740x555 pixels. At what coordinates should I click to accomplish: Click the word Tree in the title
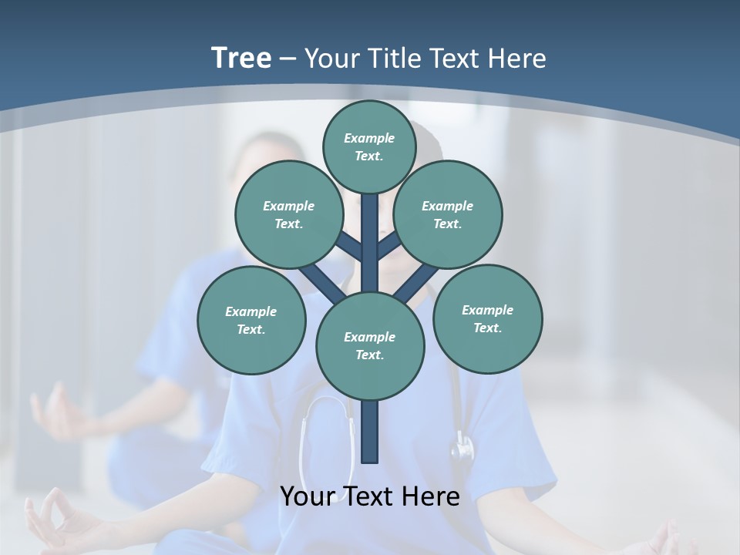241,58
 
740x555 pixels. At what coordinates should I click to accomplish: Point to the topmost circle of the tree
369,146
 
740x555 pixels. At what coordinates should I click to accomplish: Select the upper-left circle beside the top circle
289,214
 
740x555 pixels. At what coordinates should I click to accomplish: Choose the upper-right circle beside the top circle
448,214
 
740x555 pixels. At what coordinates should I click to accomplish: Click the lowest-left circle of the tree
251,320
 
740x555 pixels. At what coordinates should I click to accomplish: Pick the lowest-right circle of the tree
487,318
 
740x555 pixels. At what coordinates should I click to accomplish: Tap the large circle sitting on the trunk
370,345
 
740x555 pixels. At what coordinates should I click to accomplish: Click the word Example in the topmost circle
369,138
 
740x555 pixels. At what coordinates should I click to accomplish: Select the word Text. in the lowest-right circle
487,328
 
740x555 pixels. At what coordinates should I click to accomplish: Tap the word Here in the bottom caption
432,496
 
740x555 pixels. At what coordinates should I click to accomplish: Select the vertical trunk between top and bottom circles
370,247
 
